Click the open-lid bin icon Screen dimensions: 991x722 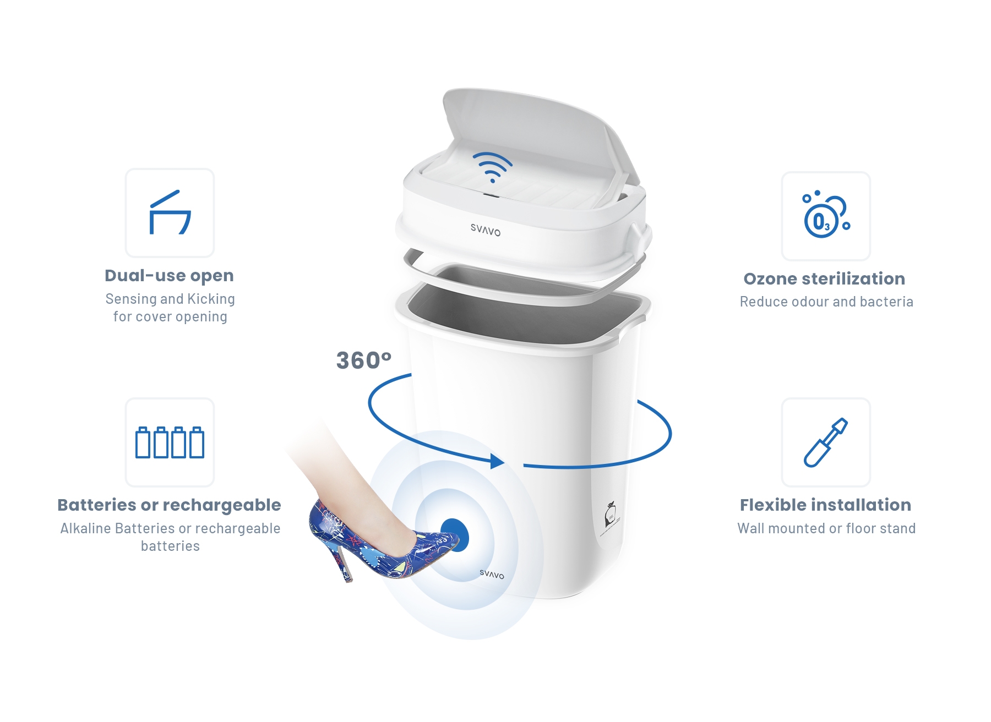tap(170, 212)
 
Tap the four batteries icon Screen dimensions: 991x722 tap(170, 442)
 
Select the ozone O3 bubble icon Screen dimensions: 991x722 tap(826, 215)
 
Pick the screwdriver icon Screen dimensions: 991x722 tap(826, 442)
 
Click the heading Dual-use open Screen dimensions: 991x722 tap(170, 276)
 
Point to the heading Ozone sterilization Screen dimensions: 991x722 tap(824, 278)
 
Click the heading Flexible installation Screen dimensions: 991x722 tap(825, 505)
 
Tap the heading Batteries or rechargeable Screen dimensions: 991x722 tap(170, 505)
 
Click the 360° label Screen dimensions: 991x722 tap(363, 361)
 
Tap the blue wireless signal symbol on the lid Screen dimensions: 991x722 tap(492, 167)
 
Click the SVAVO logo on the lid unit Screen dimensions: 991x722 tap(486, 230)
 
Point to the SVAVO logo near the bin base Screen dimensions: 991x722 tap(492, 574)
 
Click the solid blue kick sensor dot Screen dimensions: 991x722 tap(454, 535)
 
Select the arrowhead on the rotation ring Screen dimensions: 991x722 tap(497, 461)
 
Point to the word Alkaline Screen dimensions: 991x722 tap(86, 528)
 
